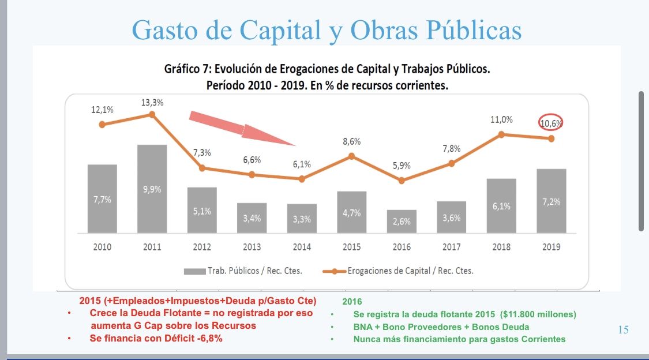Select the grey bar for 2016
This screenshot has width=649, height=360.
(402, 221)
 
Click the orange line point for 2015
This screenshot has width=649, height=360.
(351, 156)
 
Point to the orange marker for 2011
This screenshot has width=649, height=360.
(152, 114)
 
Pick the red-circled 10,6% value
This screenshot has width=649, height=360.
(551, 123)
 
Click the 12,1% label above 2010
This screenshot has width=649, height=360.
(102, 110)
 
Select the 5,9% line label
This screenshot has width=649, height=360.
(402, 166)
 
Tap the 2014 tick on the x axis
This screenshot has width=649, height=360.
(302, 247)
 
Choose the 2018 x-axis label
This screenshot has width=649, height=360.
(501, 247)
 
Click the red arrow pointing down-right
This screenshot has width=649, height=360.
(242, 128)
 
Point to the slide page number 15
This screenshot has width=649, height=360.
(623, 330)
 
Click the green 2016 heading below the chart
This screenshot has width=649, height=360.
(352, 302)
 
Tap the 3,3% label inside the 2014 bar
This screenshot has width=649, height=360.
(302, 219)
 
